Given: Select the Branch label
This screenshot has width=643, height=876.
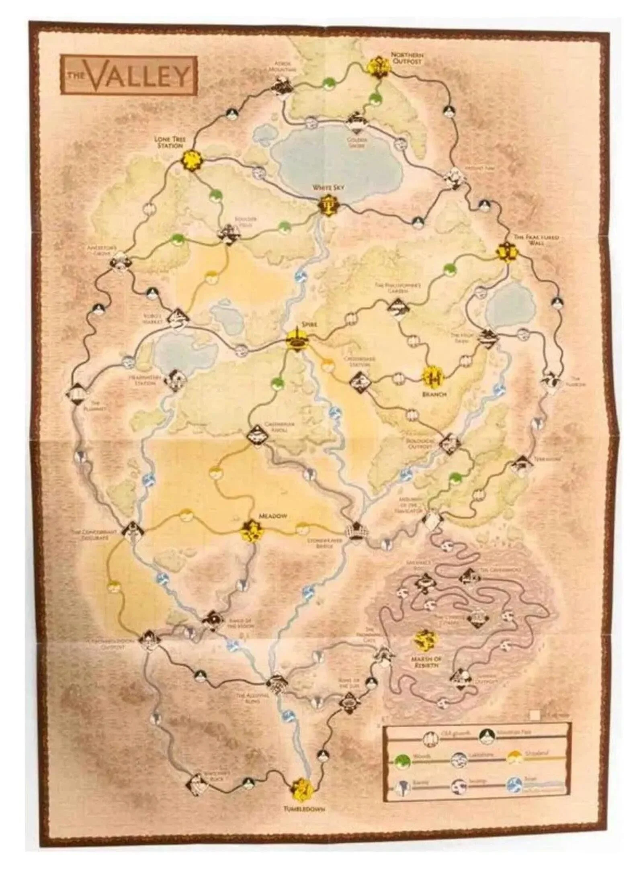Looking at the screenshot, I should [x=434, y=394].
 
